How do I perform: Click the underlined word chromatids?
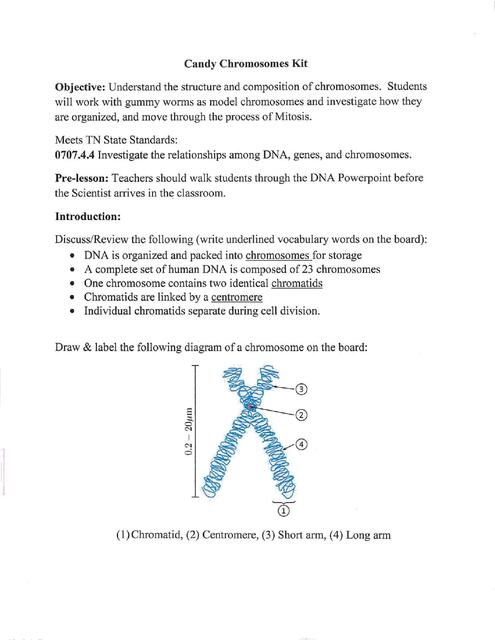(x=300, y=283)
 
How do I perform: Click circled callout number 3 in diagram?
(x=302, y=389)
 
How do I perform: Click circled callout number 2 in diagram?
(x=302, y=414)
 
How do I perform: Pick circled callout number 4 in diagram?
(x=302, y=444)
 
